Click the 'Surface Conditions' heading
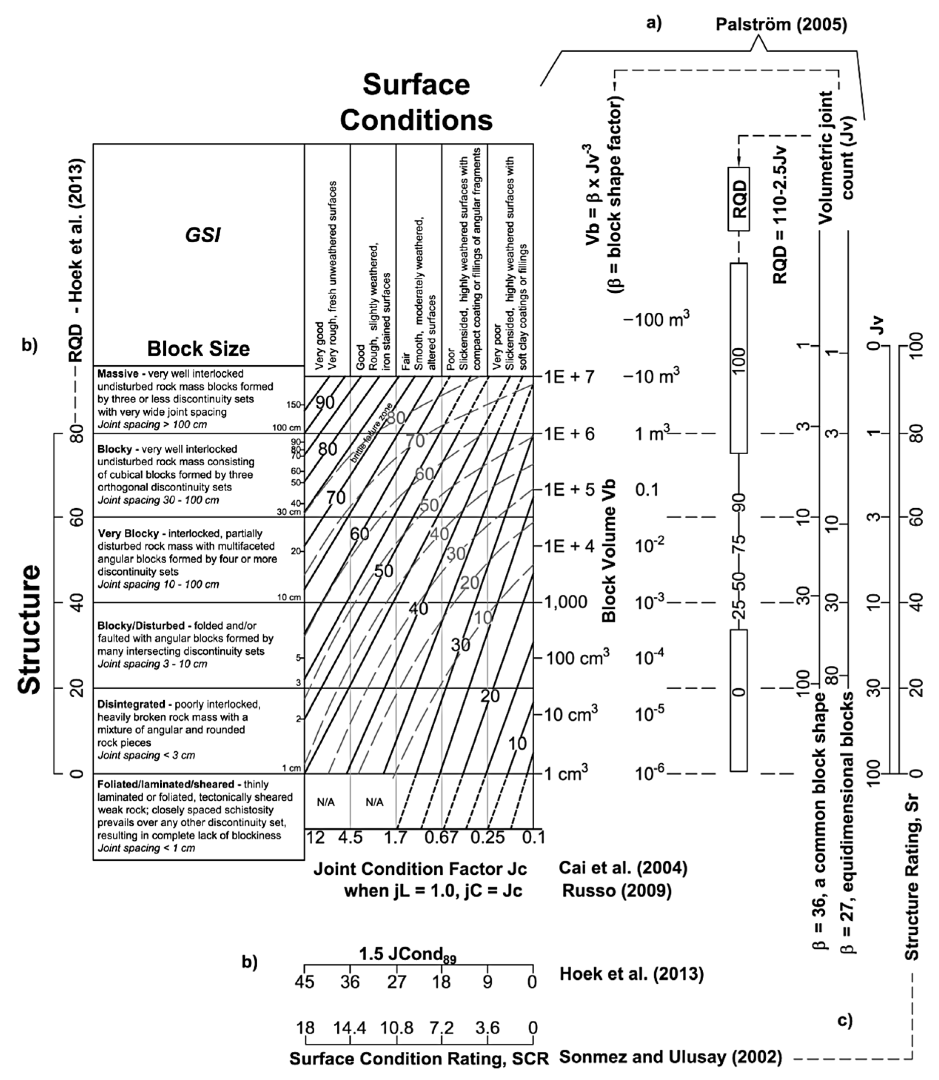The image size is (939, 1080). (417, 102)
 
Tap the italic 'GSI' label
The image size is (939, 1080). (203, 235)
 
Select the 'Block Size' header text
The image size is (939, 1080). (198, 349)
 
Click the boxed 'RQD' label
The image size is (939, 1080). (739, 199)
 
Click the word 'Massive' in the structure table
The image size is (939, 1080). (120, 374)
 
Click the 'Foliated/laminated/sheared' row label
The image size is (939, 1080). (166, 784)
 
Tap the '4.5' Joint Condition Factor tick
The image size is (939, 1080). (350, 838)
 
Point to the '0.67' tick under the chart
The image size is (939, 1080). (442, 838)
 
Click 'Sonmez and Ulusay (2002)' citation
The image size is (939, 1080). (671, 1057)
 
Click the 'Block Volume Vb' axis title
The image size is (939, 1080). (609, 551)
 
